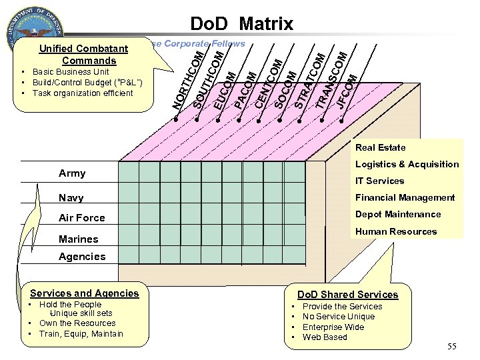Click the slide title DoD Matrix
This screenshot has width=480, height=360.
(x=241, y=25)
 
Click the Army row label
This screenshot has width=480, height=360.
(x=72, y=173)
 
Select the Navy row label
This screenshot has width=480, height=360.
(x=71, y=198)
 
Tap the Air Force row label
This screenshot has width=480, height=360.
(x=81, y=218)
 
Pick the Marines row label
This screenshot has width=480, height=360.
(x=78, y=239)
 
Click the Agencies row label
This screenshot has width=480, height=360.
(x=82, y=257)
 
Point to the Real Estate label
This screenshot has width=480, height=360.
(x=380, y=147)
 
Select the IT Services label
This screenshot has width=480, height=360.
(x=379, y=181)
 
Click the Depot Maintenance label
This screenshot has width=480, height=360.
(x=398, y=214)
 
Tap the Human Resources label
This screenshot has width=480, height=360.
(x=396, y=231)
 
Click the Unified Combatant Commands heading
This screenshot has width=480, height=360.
(x=83, y=55)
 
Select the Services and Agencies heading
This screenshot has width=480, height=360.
(x=85, y=293)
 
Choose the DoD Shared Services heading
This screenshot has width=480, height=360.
(x=347, y=295)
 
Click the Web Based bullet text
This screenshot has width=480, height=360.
(x=325, y=337)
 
